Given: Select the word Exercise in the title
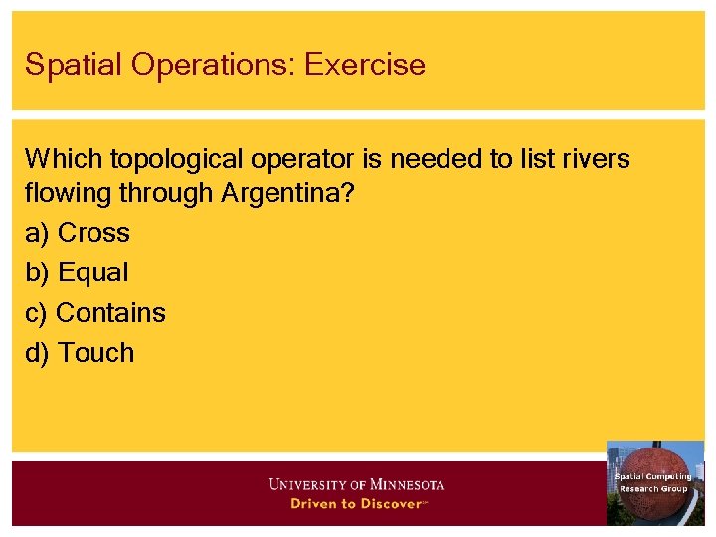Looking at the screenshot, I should pyautogui.click(x=365, y=65).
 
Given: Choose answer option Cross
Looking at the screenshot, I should pyautogui.click(x=93, y=233).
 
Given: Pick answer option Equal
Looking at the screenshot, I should pyautogui.click(x=92, y=272).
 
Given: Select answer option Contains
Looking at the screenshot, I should pyautogui.click(x=110, y=312).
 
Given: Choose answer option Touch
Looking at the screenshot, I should pyautogui.click(x=95, y=352).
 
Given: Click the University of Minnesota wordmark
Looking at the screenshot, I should pyautogui.click(x=356, y=485).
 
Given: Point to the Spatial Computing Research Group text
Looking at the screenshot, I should pyautogui.click(x=653, y=483).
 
